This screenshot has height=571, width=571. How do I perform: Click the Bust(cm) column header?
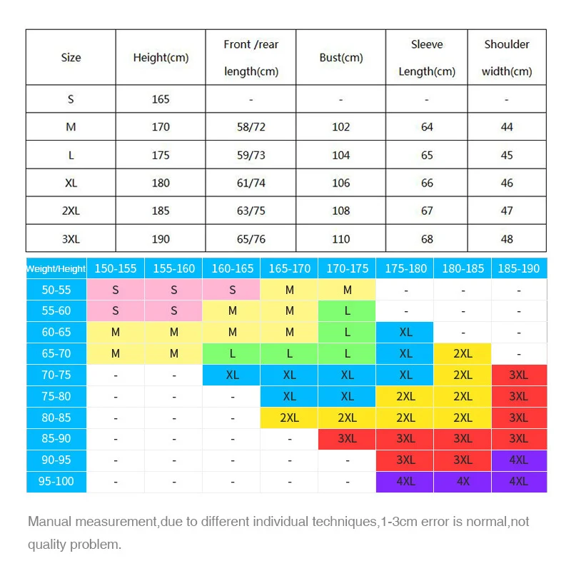[341, 57]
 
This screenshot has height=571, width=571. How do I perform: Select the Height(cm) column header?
[161, 57]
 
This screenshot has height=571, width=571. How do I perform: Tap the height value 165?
[161, 99]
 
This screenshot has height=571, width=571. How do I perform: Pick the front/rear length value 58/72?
[251, 127]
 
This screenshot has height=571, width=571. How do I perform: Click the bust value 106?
[341, 183]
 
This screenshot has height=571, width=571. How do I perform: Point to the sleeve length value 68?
[427, 238]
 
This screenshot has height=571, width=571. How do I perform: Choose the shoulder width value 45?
[507, 155]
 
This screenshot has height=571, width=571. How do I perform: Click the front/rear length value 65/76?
[251, 238]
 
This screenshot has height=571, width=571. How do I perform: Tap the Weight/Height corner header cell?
[56, 269]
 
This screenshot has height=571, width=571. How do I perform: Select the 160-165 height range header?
[232, 269]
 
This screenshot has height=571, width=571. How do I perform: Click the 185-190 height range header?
[519, 269]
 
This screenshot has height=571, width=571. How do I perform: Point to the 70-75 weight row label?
[56, 375]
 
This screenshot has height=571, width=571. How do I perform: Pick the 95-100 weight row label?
[56, 481]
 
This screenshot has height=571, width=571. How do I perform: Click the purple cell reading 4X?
[463, 481]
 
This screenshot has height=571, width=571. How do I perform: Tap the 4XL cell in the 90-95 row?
[519, 460]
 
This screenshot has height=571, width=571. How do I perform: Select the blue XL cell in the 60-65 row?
[405, 333]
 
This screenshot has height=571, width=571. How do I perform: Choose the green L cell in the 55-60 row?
[348, 311]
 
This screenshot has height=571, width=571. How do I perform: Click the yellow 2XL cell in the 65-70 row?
[463, 353]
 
